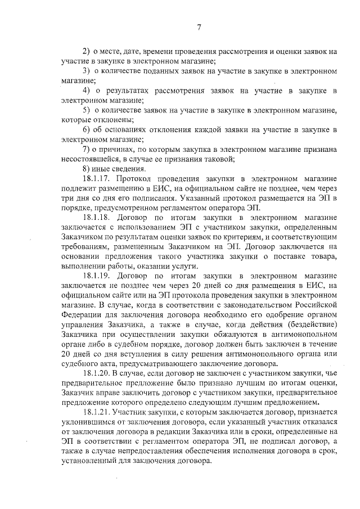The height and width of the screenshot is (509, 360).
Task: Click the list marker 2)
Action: point(87,51)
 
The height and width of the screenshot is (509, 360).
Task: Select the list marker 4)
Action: point(87,91)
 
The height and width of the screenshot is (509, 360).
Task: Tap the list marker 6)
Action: point(87,129)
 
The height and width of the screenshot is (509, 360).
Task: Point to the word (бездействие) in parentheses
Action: point(310,325)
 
